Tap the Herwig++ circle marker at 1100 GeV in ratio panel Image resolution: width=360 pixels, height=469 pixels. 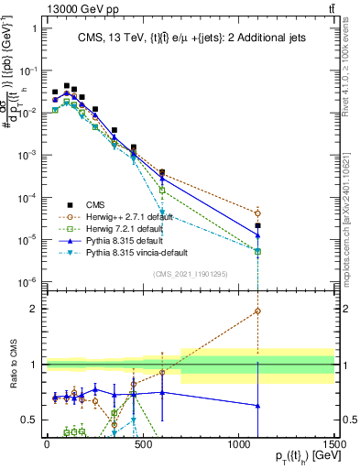click(x=257, y=311)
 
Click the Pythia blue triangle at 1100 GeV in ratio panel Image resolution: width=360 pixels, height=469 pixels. click(x=257, y=405)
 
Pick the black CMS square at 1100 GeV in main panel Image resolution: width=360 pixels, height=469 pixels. click(x=257, y=225)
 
